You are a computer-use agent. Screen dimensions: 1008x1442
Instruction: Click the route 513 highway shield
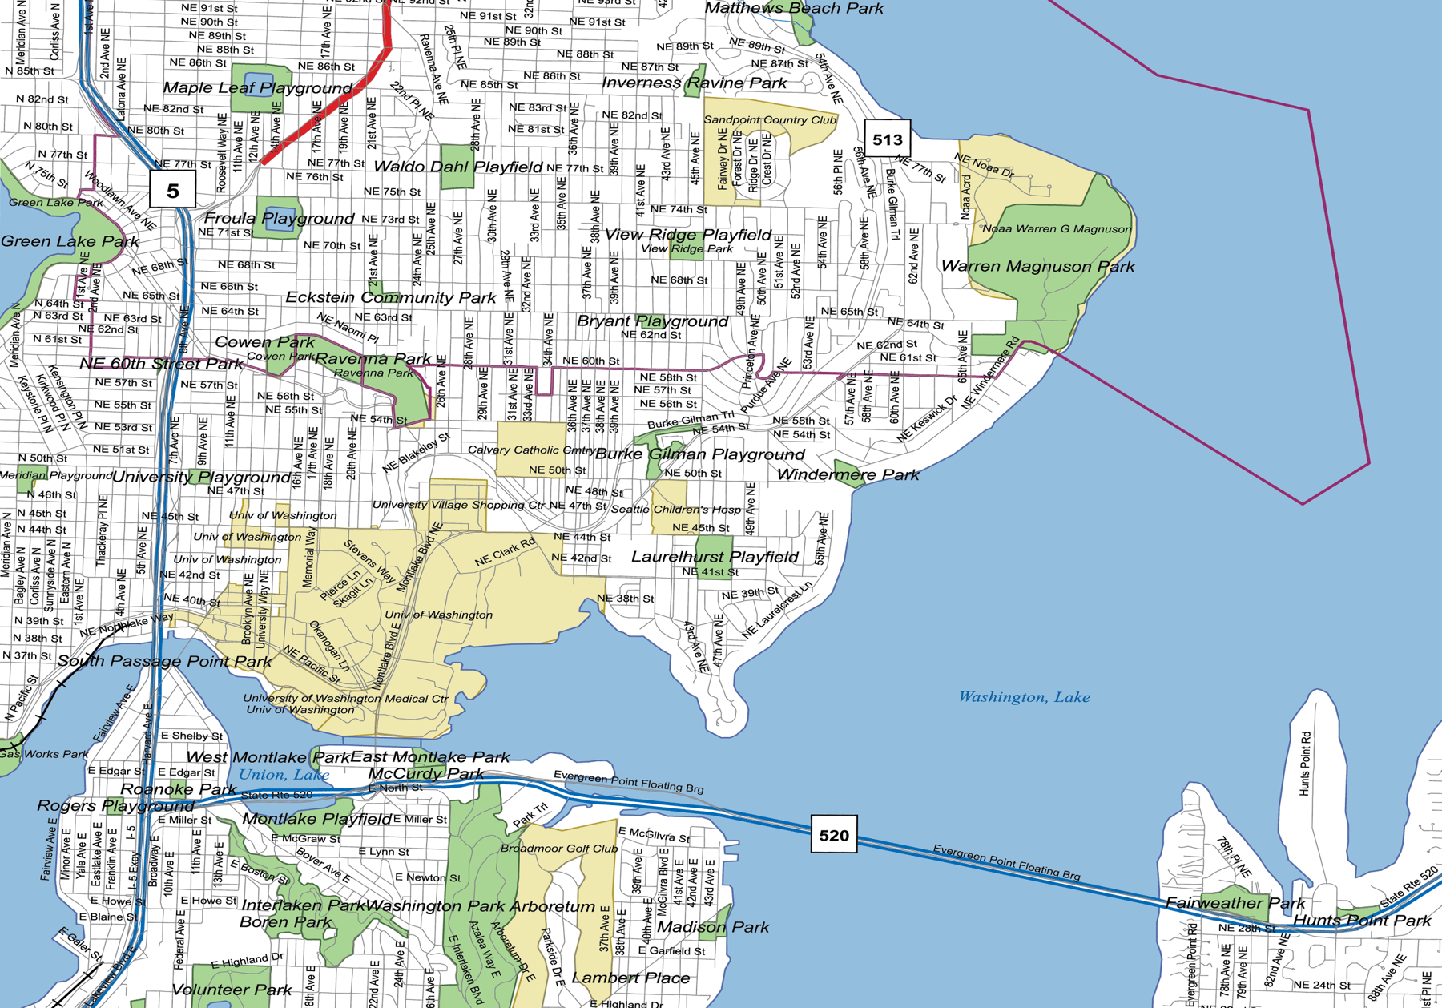[x=887, y=139]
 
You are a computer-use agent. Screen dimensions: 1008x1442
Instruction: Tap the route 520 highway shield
[x=833, y=835]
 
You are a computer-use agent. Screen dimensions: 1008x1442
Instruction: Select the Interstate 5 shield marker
[x=172, y=190]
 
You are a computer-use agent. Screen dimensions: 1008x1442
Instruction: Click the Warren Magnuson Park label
[x=1037, y=266]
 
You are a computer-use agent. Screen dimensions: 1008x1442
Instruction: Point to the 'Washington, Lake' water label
[x=1024, y=697]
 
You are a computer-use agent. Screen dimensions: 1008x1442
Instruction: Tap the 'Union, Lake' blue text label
[x=284, y=775]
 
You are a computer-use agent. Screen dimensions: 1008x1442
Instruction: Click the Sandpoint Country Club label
[x=769, y=120]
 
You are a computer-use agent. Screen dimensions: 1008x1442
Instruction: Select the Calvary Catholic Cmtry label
[x=530, y=450]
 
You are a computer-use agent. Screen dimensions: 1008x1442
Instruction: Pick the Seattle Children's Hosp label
[x=675, y=509]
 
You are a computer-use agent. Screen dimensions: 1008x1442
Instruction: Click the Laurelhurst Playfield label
[x=715, y=557]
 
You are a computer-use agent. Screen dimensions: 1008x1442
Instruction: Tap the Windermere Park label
[x=848, y=474]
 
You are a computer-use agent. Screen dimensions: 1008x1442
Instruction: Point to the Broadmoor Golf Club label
[x=558, y=848]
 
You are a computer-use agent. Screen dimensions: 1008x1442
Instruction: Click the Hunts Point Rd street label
[x=1305, y=763]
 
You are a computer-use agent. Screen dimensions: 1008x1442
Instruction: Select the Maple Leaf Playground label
[x=257, y=87]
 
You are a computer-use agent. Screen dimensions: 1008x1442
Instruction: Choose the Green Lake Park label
[x=70, y=241]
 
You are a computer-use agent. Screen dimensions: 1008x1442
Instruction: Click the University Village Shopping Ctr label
[x=458, y=505]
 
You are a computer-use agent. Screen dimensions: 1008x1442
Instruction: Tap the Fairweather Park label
[x=1235, y=903]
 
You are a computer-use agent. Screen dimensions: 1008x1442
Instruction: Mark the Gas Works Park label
[x=44, y=754]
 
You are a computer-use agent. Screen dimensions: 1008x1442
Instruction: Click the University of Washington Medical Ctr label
[x=345, y=698]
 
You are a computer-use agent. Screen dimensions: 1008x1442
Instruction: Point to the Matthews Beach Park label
[x=793, y=8]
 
